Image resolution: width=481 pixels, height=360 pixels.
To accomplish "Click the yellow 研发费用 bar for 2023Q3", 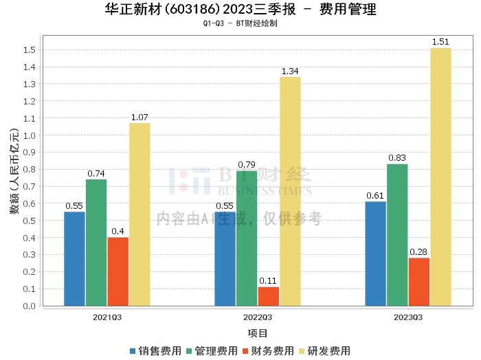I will (x=440, y=177).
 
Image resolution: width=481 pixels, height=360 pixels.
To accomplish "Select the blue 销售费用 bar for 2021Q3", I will (x=74, y=258).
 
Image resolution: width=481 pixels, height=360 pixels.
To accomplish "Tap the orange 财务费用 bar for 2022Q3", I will (x=268, y=296).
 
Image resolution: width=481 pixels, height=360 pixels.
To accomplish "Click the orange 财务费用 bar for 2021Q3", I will (x=118, y=271).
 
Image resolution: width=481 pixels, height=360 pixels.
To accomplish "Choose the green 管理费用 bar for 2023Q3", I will (x=397, y=234).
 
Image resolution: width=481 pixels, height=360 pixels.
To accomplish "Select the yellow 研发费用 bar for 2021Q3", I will (x=139, y=214).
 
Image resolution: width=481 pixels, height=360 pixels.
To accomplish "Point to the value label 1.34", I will (x=290, y=71).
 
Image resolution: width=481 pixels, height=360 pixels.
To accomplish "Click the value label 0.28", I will (x=418, y=252).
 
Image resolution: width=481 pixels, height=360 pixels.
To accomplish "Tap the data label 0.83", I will (x=397, y=158).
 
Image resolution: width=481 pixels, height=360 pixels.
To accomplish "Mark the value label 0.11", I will (x=268, y=281).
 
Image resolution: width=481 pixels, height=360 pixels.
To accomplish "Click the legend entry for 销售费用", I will (x=155, y=351).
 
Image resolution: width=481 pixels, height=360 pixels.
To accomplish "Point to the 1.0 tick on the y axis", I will (x=29, y=135).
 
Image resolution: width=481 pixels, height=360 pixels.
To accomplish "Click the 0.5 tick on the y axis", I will (x=29, y=221).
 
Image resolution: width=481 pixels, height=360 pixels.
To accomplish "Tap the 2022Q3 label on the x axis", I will (x=258, y=317).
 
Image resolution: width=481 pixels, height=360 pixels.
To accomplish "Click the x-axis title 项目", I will (x=258, y=333).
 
